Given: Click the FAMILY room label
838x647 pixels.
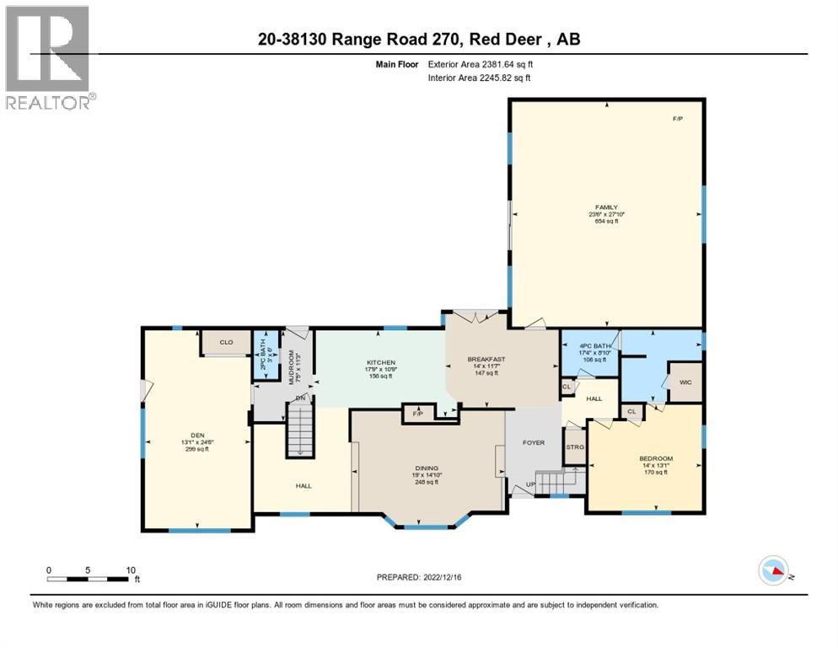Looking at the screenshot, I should (x=606, y=207).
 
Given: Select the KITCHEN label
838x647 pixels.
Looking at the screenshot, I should (x=380, y=362).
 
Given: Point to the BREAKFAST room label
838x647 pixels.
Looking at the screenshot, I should (x=486, y=360).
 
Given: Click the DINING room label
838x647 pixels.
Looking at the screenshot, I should (x=426, y=468).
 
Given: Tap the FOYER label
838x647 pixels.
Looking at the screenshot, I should (x=534, y=442).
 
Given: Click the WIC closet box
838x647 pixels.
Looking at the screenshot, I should (x=685, y=382).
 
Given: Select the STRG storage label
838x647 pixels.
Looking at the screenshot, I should (x=576, y=446).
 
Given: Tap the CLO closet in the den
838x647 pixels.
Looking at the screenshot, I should (x=226, y=343).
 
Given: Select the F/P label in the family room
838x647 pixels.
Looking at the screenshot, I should (x=677, y=119).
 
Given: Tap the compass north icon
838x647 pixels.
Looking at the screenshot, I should (x=775, y=570).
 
